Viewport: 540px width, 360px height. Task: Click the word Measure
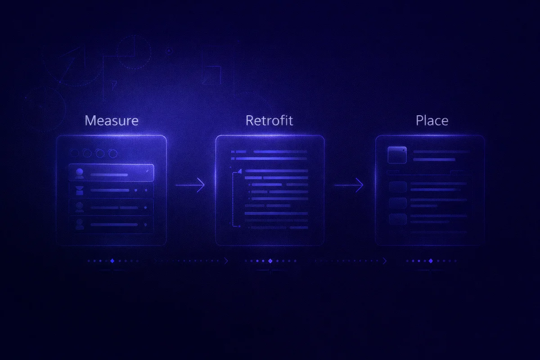(x=112, y=121)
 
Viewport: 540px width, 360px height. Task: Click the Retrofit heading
(x=269, y=121)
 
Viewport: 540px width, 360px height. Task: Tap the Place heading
(x=432, y=121)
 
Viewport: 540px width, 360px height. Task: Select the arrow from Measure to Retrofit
(x=190, y=184)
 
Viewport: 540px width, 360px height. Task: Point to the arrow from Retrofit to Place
(x=349, y=184)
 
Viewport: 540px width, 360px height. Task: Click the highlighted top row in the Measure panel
(x=111, y=173)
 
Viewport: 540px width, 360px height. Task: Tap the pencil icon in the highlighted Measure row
(x=147, y=171)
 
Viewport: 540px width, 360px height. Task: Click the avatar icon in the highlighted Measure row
(x=80, y=173)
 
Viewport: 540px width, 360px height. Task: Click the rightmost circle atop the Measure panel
(x=113, y=153)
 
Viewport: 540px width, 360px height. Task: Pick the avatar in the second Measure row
(x=80, y=190)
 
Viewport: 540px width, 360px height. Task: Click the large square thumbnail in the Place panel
(x=397, y=155)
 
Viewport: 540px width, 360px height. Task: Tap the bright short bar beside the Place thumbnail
(x=434, y=159)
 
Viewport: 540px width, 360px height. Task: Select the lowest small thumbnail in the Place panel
(x=398, y=219)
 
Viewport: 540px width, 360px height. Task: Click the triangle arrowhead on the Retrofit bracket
(x=239, y=171)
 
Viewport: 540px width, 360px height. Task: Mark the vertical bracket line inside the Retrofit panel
(x=233, y=199)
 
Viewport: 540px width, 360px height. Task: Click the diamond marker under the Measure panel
(x=112, y=261)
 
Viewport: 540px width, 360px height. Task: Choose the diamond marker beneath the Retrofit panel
(x=270, y=261)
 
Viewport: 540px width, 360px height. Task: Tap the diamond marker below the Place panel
(x=431, y=261)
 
